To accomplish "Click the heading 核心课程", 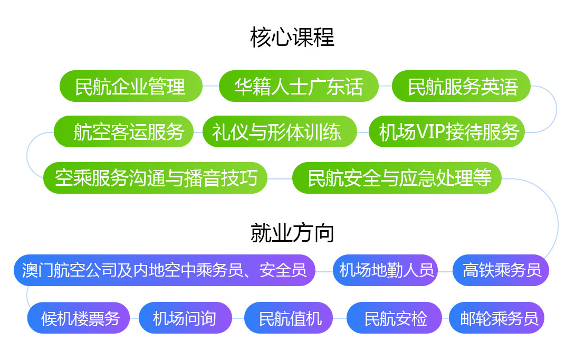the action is coord(292,37).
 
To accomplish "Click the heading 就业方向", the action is coord(292,233).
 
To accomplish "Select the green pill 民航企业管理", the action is coord(131,86).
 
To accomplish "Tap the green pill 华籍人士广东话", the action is coord(299,86).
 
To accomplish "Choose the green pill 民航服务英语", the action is coord(461,86).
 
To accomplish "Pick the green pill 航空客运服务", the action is coord(123,131).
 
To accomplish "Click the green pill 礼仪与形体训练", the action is coord(280,131).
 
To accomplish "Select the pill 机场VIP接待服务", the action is coord(447,131).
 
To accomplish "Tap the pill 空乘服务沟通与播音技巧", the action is coord(155,178).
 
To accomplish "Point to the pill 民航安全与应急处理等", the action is coord(397,178).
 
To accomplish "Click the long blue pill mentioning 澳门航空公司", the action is coord(165,270).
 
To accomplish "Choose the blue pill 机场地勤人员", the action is coord(385,270).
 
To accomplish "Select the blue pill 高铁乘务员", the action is coord(501,270).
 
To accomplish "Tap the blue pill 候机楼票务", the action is coord(79,318).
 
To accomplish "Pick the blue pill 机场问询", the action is coord(186,318).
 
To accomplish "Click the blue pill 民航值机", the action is coord(289,318).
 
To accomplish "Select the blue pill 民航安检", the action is coord(394,318).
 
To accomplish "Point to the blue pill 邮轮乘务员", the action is coord(496,318).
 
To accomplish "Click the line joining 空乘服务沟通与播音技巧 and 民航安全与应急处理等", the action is coord(280,179).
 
